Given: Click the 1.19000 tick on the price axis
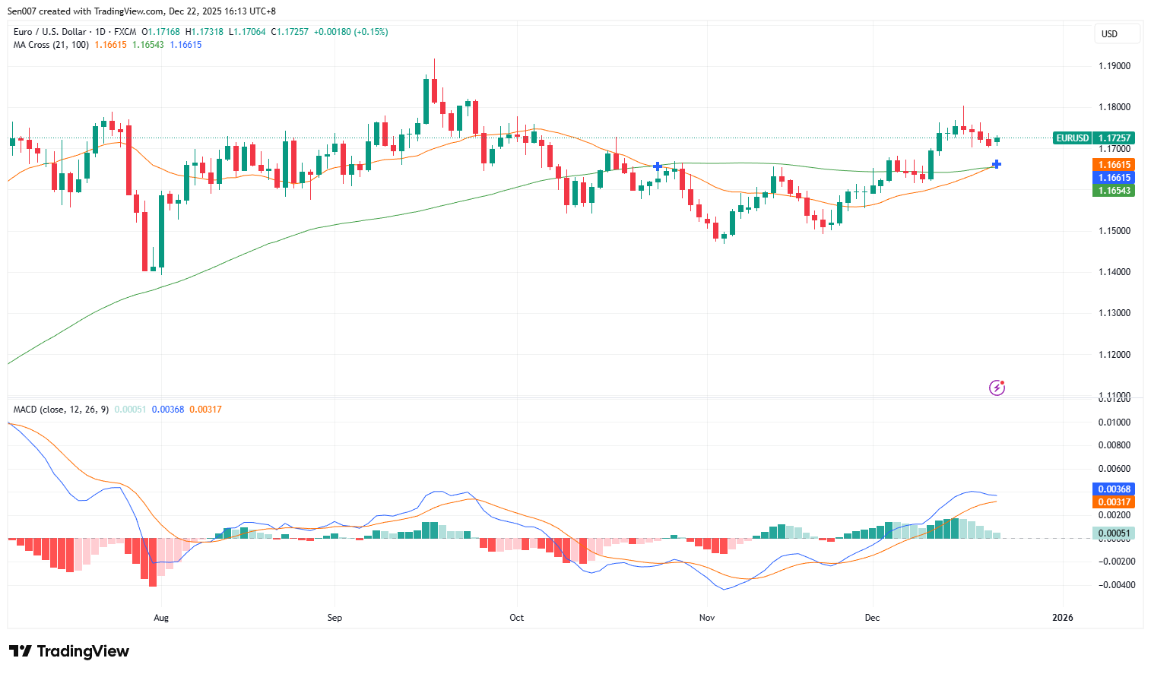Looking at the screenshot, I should coord(1114,66).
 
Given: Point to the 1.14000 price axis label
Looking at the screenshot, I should coord(1114,272).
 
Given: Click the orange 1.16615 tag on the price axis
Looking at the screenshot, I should coord(1114,165).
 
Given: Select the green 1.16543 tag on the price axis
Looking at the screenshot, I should coord(1114,191).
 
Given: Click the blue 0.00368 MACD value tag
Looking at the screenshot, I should coord(1114,489).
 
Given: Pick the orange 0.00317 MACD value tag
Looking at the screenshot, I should coord(1114,502).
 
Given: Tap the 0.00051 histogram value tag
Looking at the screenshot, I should coord(1114,533).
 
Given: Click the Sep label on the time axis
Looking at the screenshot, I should coord(335,618).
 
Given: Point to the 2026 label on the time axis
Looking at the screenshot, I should coord(1062,618).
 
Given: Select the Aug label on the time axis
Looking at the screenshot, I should coord(161,618).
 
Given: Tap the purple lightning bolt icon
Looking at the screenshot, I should coord(997,388).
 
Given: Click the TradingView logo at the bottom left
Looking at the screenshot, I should coord(69,651).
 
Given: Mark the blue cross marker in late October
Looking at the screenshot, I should coord(658,166).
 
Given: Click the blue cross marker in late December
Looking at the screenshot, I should coord(997,164).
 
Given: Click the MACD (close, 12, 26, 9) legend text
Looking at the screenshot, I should coord(61,410).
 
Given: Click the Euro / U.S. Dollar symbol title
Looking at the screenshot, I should coord(49,32).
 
